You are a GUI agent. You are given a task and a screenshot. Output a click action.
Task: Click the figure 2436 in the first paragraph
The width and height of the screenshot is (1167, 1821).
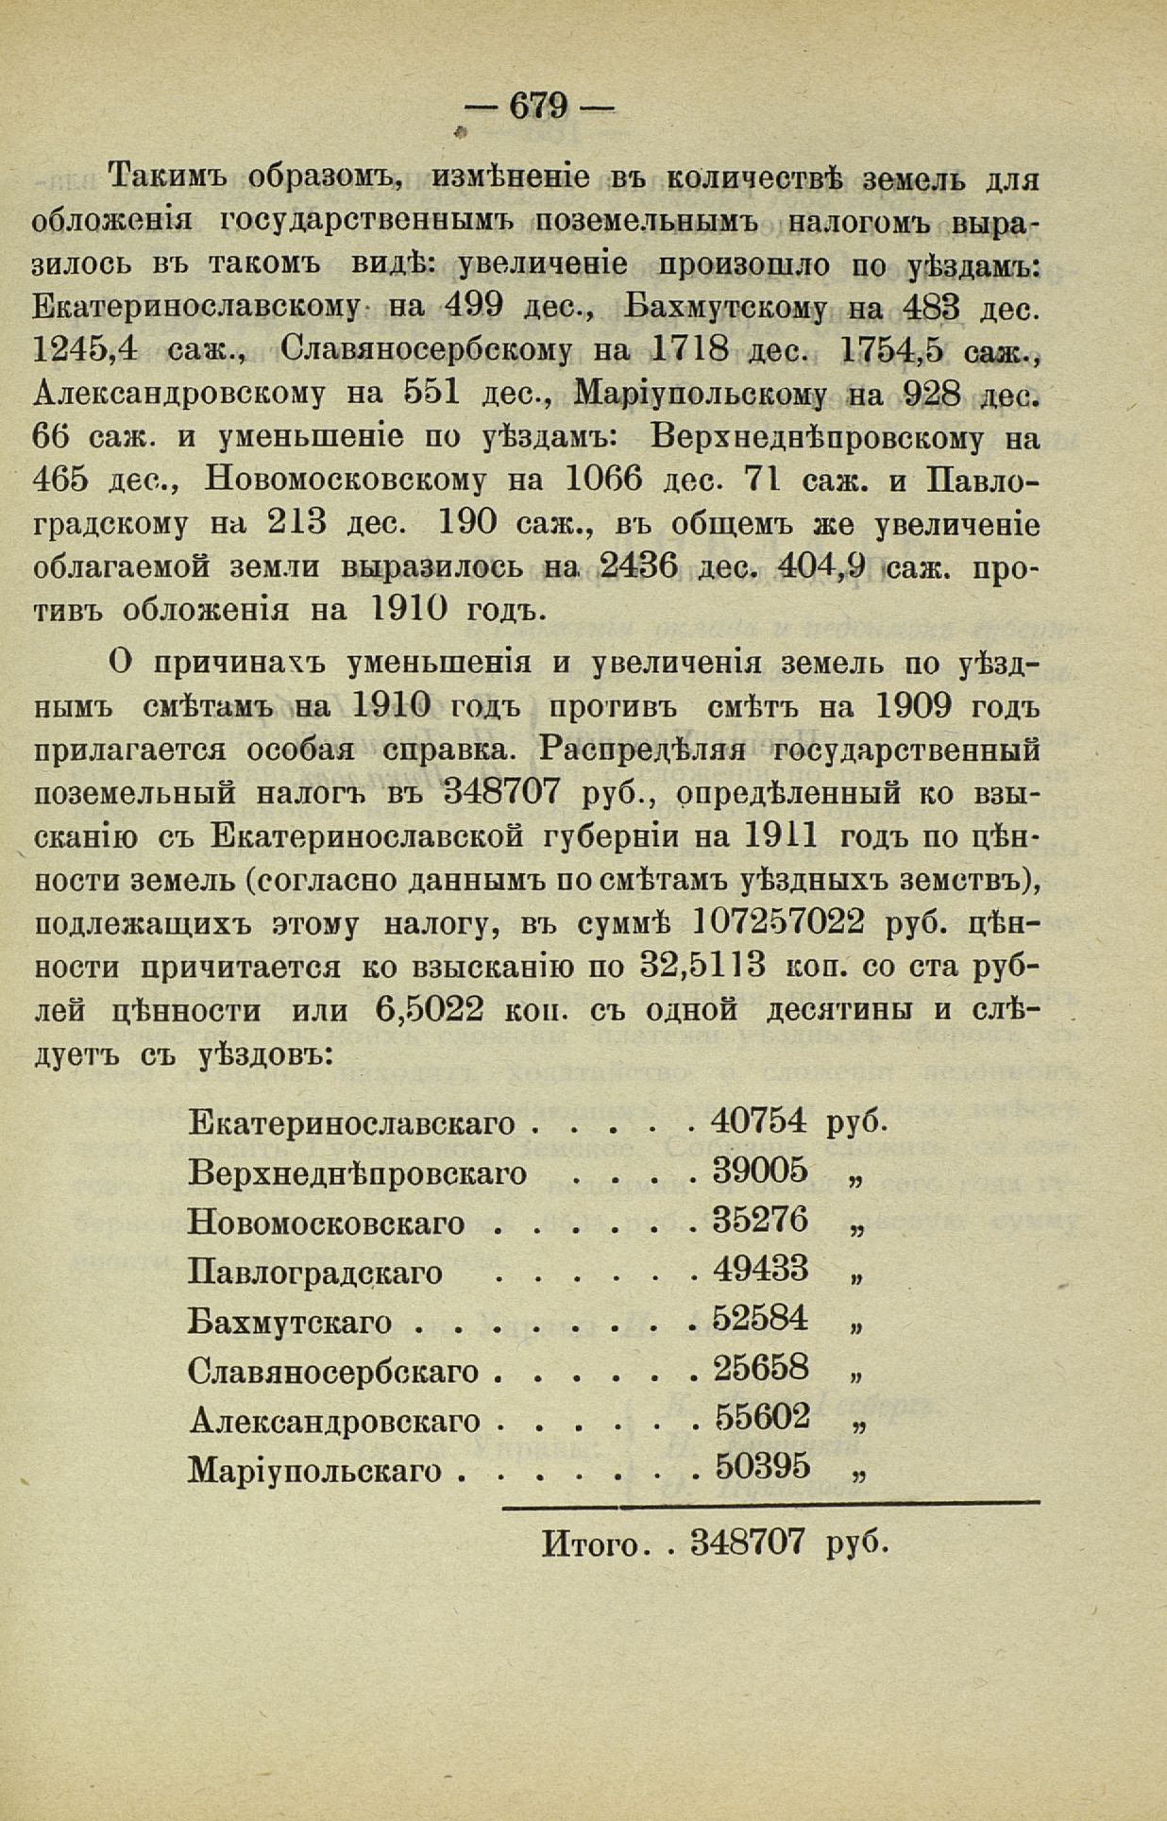637,566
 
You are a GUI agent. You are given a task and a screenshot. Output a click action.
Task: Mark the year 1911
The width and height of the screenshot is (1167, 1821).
780,835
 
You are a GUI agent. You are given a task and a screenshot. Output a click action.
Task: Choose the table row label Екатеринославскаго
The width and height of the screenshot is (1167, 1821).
351,1123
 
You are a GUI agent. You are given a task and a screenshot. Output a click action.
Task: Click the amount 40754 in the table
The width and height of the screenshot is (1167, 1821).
760,1121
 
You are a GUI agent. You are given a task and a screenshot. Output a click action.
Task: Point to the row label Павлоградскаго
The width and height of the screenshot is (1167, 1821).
315,1273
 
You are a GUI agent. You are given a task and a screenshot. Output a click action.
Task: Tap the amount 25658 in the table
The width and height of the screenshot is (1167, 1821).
761,1368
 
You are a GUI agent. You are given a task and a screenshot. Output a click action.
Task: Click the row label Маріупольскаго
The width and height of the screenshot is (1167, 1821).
315,1470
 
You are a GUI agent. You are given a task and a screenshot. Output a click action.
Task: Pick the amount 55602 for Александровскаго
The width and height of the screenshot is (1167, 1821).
762,1418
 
